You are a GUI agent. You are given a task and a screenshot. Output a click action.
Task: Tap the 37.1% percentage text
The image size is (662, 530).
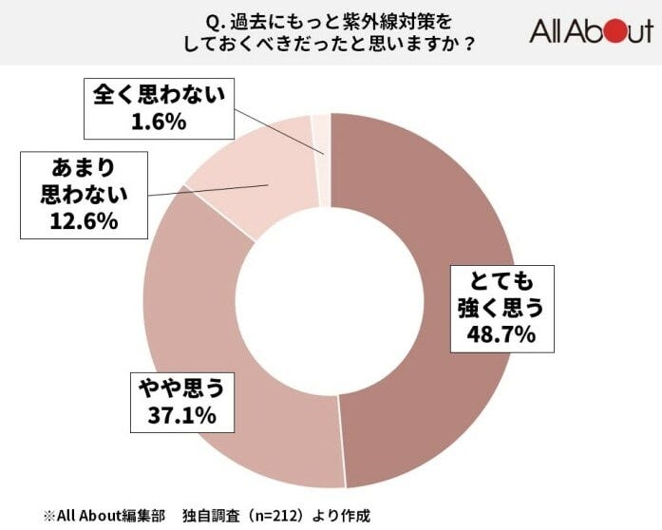coord(181,414)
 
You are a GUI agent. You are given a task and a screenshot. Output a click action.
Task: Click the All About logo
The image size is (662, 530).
coord(591,32)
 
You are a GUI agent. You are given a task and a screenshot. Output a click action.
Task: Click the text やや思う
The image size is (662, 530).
coord(181,387)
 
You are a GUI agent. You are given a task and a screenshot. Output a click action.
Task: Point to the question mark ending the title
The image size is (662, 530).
coord(468,44)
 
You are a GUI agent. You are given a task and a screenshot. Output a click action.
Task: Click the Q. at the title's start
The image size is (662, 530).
coord(214,19)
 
